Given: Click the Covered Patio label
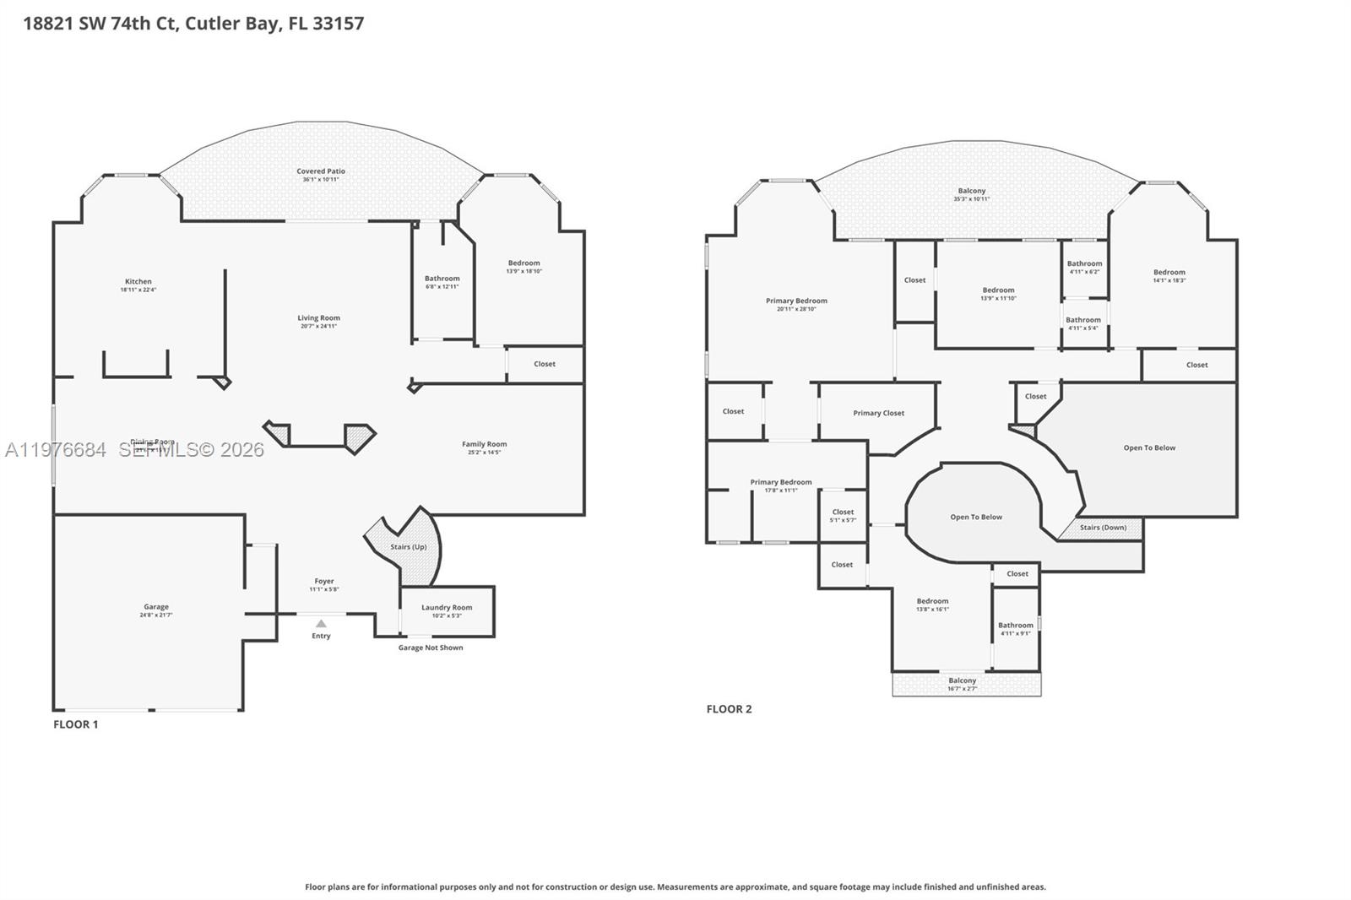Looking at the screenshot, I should click(x=321, y=171).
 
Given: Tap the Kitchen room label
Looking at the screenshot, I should click(x=138, y=282).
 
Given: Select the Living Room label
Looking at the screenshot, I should click(x=318, y=318).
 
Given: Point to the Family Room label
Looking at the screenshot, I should click(x=484, y=444).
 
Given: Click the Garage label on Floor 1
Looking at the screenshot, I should click(x=156, y=607).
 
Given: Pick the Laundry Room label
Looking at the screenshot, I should click(x=447, y=608).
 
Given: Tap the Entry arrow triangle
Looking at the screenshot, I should click(x=321, y=624).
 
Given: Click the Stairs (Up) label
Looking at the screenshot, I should click(x=409, y=547).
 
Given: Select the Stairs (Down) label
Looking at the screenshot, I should click(x=1103, y=528).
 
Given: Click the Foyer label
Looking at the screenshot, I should click(x=324, y=582).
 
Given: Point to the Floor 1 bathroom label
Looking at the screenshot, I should click(x=442, y=279).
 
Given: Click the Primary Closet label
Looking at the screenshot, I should click(x=878, y=414).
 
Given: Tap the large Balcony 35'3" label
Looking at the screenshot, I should click(x=972, y=192).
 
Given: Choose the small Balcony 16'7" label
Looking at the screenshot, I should click(x=962, y=681).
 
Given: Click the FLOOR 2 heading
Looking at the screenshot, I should click(x=729, y=709).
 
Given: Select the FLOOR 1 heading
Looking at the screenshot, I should click(x=76, y=724).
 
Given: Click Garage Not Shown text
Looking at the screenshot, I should click(x=431, y=648).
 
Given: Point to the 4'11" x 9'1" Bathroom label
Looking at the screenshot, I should click(x=1015, y=626).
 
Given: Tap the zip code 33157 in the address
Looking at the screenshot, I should click(x=338, y=24).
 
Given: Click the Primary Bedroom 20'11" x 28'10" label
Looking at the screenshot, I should click(x=796, y=301).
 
